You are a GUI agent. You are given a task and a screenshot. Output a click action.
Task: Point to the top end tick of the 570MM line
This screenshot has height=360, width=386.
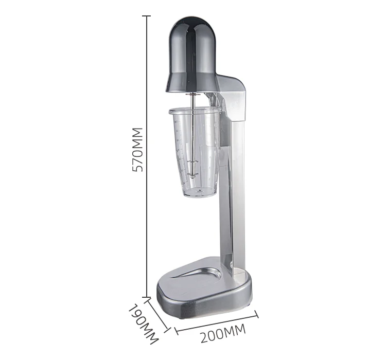(148, 16)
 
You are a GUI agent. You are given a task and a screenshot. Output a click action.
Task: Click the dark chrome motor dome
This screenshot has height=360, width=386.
(193, 51)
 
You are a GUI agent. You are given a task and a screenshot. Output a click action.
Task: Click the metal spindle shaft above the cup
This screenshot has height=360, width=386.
(193, 100)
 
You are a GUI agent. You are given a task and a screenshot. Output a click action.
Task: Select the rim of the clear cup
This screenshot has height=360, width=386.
(196, 109)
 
